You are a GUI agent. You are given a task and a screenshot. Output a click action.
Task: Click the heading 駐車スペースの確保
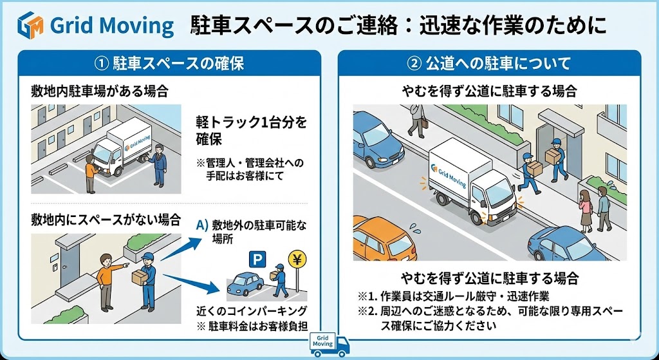click(169, 64)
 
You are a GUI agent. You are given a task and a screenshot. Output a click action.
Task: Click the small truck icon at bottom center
click(329, 344)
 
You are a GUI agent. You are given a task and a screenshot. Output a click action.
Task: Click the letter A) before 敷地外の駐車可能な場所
click(201, 225)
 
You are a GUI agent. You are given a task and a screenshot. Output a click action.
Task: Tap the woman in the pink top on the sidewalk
click(586, 209)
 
